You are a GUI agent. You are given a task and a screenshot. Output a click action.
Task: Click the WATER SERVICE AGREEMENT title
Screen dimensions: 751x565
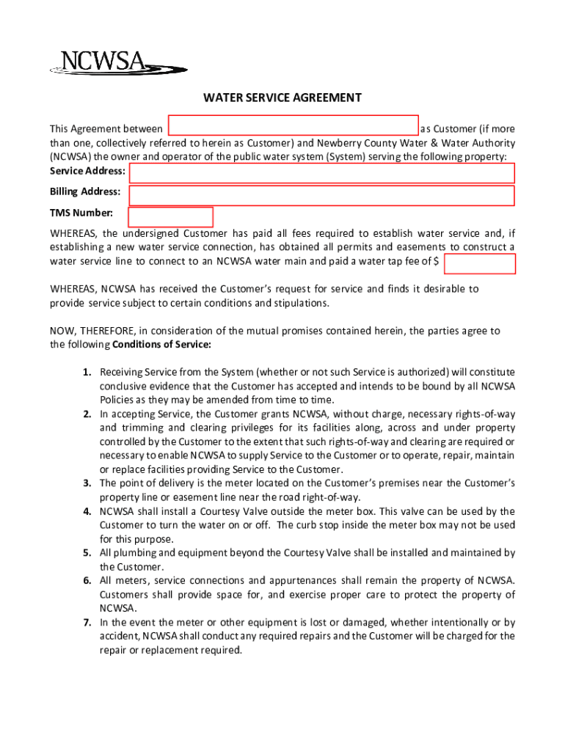click(x=282, y=98)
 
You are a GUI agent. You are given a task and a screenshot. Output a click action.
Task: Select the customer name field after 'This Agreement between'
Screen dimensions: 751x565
click(x=294, y=125)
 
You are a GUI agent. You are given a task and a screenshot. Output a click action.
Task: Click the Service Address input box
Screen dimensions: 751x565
click(x=322, y=173)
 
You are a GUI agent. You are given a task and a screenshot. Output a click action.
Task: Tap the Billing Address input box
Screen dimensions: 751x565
click(x=322, y=196)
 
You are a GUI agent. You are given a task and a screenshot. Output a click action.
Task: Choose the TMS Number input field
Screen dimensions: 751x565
click(x=171, y=217)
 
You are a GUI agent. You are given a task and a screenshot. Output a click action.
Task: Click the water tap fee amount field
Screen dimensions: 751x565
click(x=480, y=264)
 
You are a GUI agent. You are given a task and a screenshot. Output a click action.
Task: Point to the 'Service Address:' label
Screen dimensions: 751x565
click(x=87, y=171)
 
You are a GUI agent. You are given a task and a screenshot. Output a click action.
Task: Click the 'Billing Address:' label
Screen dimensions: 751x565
click(x=85, y=191)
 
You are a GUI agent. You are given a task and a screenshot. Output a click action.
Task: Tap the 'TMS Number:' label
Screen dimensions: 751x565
click(x=81, y=213)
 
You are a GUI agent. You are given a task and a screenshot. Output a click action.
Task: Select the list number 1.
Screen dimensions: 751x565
click(x=87, y=373)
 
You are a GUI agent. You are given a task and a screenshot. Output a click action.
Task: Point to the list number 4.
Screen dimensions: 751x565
click(x=87, y=511)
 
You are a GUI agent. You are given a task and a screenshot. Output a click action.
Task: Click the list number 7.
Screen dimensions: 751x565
click(x=87, y=623)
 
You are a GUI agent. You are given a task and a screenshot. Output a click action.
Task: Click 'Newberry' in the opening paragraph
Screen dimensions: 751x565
click(x=340, y=143)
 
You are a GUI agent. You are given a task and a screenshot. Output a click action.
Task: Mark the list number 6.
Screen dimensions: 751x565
click(x=87, y=581)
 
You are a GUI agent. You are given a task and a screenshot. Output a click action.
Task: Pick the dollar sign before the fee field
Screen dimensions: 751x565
click(x=437, y=261)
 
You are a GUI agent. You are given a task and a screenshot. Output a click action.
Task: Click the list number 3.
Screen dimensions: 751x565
click(x=87, y=483)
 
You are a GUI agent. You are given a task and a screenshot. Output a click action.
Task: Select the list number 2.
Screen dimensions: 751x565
click(x=87, y=414)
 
